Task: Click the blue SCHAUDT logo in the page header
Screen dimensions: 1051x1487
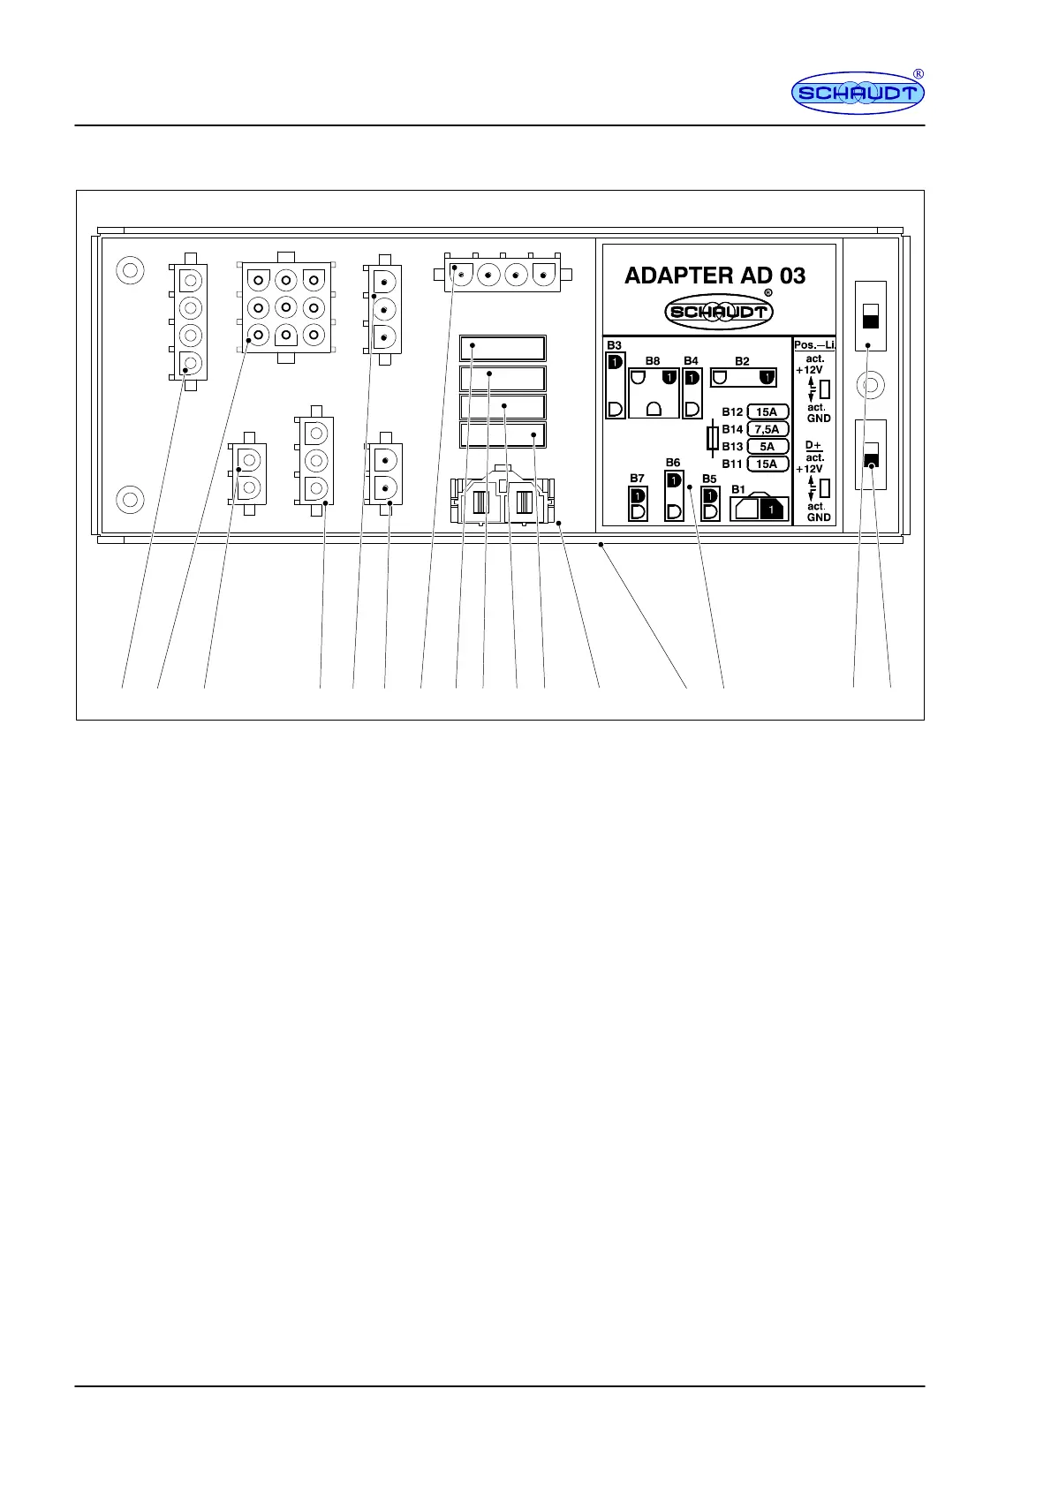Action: point(857,93)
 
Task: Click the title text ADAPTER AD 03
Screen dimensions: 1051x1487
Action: point(715,276)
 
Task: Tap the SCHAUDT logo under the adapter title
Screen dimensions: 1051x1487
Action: point(719,311)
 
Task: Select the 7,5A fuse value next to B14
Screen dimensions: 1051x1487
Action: point(767,429)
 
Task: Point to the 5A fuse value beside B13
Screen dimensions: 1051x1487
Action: point(767,447)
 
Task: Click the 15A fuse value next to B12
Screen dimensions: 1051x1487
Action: point(767,412)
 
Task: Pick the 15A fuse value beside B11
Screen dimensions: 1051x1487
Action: point(767,464)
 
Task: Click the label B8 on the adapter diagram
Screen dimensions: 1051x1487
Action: point(652,361)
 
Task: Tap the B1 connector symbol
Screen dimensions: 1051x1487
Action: point(759,509)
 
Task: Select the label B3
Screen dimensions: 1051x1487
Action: point(614,345)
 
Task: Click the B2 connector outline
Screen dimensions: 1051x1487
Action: point(743,378)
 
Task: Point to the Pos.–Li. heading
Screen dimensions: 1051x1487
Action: point(814,344)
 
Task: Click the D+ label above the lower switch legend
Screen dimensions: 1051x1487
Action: point(813,446)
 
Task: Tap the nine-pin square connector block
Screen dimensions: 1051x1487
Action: point(285,307)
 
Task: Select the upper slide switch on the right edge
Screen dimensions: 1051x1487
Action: point(871,315)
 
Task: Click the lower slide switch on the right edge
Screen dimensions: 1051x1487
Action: point(871,454)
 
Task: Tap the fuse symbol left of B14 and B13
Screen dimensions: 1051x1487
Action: point(713,438)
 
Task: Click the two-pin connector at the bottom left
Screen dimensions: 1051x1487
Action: point(248,473)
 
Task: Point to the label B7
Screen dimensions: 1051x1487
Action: point(637,479)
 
